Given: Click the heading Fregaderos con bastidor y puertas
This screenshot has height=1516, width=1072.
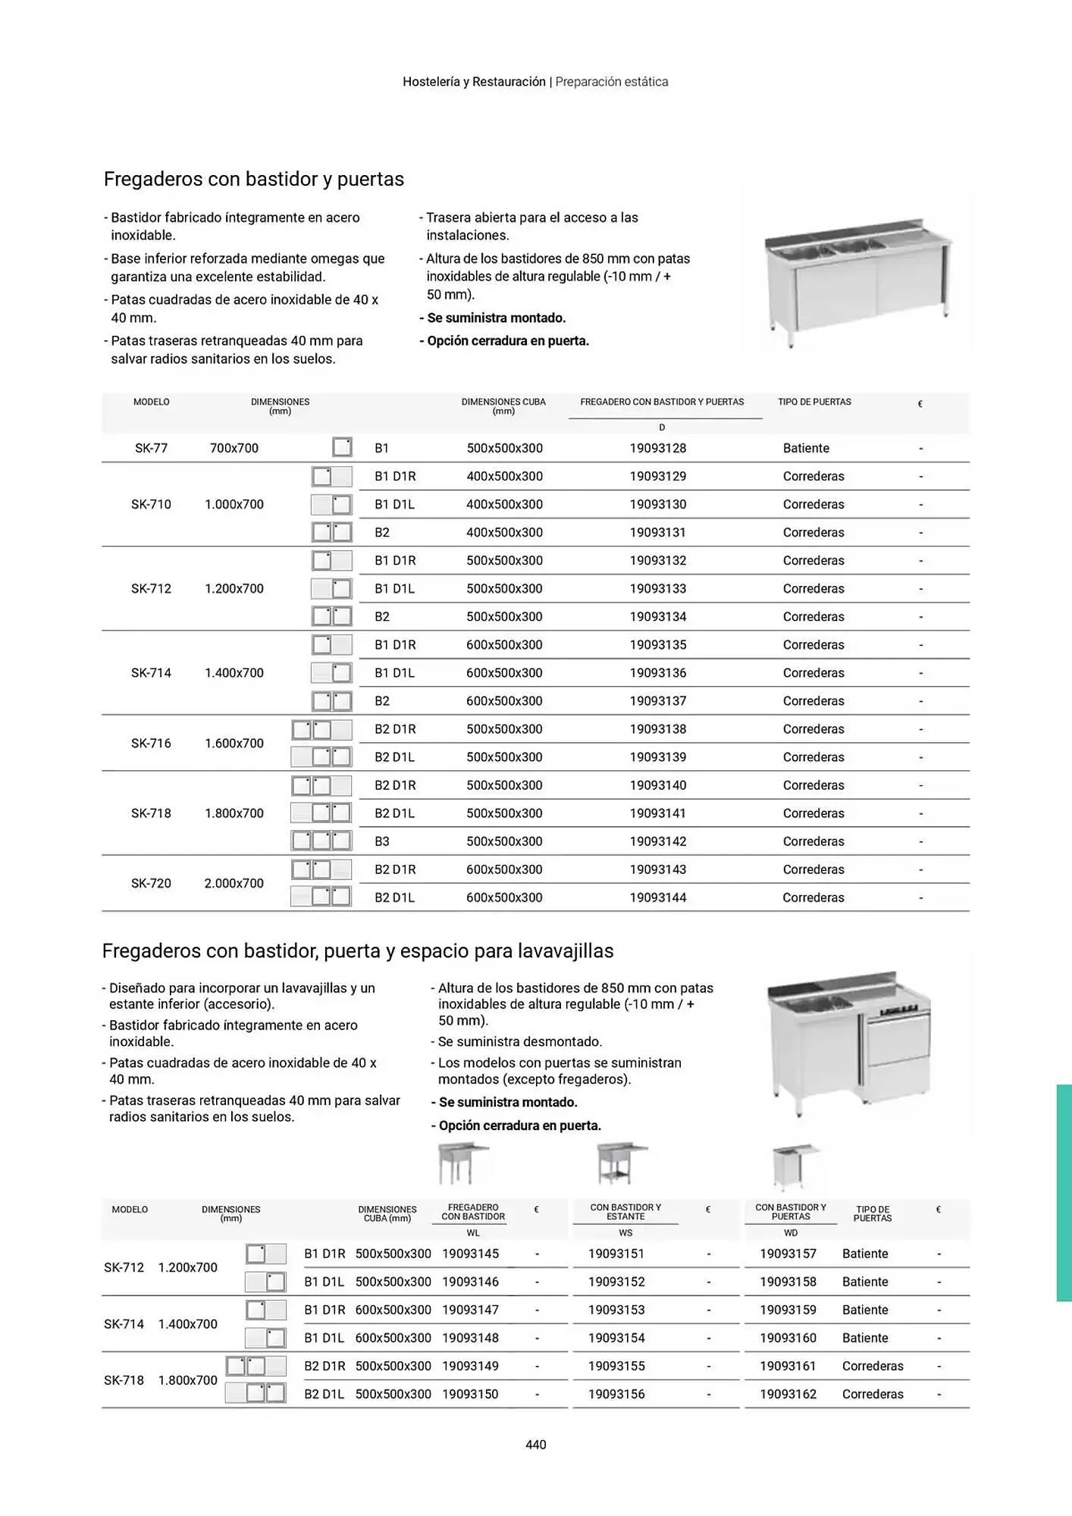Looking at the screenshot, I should pyautogui.click(x=253, y=179).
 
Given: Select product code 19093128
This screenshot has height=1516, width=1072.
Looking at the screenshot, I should pyautogui.click(x=657, y=448).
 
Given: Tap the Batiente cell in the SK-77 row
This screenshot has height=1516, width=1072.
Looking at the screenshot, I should pyautogui.click(x=805, y=448).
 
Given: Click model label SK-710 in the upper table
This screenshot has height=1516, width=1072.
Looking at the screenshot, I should pyautogui.click(x=151, y=504).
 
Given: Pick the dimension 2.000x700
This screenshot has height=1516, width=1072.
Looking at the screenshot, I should pyautogui.click(x=234, y=883).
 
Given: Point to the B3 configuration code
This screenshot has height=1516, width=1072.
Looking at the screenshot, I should pyautogui.click(x=381, y=841).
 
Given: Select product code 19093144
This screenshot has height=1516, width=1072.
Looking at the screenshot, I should pyautogui.click(x=657, y=897).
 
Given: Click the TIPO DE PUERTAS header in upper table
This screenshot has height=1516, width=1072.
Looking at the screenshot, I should pyautogui.click(x=813, y=402).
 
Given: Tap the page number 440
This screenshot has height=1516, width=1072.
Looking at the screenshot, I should pyautogui.click(x=535, y=1445).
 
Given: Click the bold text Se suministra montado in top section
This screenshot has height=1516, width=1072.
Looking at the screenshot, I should pyautogui.click(x=496, y=318).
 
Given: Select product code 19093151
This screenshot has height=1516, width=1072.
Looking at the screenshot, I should pyautogui.click(x=616, y=1254).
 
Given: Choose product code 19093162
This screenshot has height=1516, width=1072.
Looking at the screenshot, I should pyautogui.click(x=788, y=1394).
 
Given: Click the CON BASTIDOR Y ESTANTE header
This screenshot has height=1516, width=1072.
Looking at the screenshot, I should pyautogui.click(x=625, y=1211).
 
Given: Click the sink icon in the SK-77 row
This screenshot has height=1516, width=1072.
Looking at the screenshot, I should pyautogui.click(x=342, y=447).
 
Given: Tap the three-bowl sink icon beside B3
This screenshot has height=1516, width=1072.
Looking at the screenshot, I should pyautogui.click(x=321, y=841).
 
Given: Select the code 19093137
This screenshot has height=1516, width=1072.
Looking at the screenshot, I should pyautogui.click(x=657, y=701).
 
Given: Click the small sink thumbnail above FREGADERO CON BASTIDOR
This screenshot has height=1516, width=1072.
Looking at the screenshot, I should pyautogui.click(x=461, y=1164).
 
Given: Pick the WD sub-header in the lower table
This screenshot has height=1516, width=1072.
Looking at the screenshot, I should pyautogui.click(x=790, y=1233).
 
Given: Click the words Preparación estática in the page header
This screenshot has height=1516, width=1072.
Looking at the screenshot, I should pyautogui.click(x=611, y=82).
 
